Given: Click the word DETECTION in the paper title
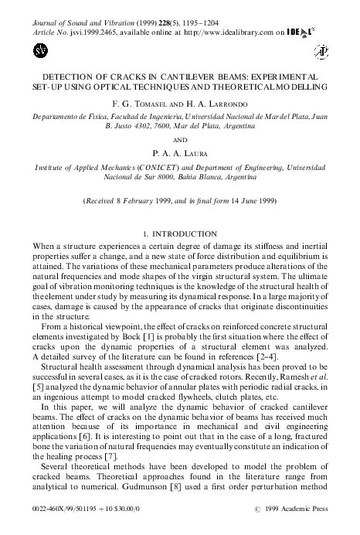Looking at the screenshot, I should click(55, 78).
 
